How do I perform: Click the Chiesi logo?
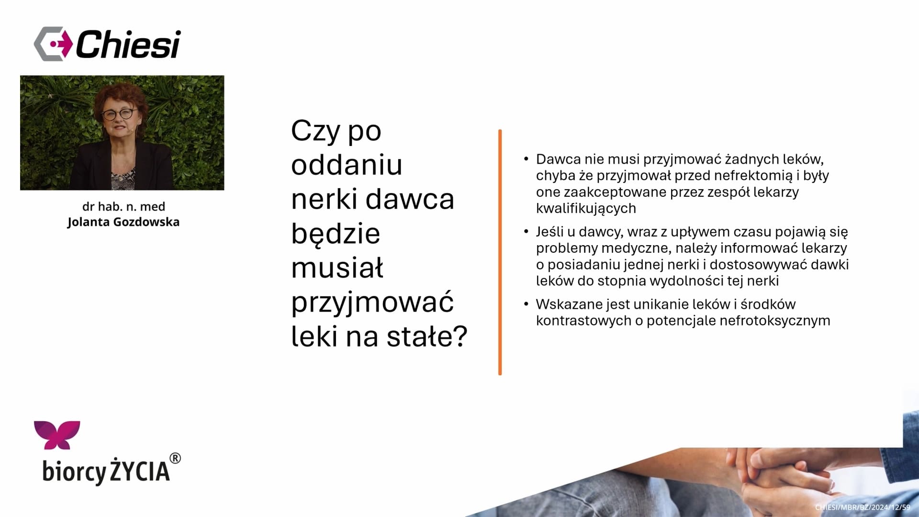[107, 44]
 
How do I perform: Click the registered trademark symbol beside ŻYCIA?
[176, 458]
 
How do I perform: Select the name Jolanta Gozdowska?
[123, 222]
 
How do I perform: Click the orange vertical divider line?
[500, 252]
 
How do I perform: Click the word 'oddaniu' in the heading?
[347, 165]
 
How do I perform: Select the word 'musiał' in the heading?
[337, 268]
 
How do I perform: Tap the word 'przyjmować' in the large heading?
[372, 303]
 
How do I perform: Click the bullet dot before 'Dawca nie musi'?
[526, 158]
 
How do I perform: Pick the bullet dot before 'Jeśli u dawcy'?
[526, 231]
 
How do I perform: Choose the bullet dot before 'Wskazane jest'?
[526, 303]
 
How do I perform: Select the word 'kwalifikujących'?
[586, 209]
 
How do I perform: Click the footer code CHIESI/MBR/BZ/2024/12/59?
[863, 507]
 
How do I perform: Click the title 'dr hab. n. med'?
[123, 206]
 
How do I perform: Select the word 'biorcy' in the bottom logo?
[74, 472]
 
